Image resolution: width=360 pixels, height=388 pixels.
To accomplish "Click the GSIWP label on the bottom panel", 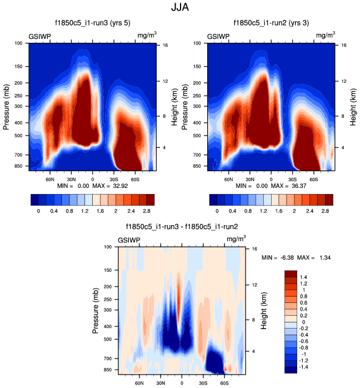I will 129,240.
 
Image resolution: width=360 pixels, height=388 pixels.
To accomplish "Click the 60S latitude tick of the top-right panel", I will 313,180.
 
